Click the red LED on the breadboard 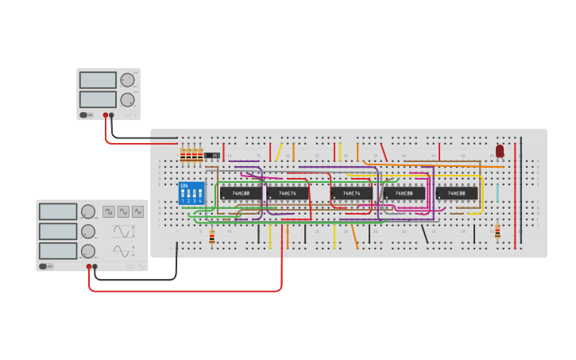(500, 150)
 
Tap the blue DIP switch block (191, 193)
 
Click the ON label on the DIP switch (184, 186)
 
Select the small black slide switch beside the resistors (211, 155)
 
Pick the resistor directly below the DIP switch (211, 237)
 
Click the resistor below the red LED (497, 231)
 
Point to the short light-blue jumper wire (497, 193)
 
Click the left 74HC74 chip (288, 193)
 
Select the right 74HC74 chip (351, 193)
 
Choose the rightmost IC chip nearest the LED (457, 193)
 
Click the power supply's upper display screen (98, 80)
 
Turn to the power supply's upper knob (127, 80)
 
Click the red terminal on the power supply (105, 115)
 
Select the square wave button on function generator (109, 211)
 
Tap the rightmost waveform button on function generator (138, 211)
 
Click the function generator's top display (57, 211)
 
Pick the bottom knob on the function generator (88, 251)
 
